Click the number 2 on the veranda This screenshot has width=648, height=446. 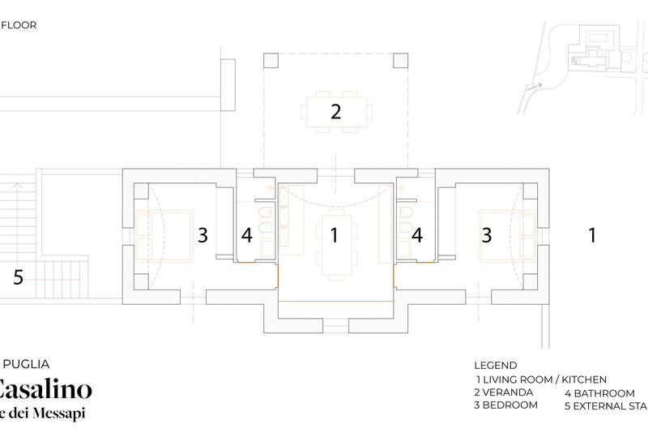(335, 112)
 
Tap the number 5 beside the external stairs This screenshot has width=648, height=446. (18, 277)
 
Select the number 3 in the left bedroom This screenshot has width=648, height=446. (202, 235)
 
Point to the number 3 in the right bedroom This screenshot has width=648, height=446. (487, 235)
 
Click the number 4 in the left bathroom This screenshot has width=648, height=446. (248, 235)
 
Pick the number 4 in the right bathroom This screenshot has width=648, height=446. (417, 235)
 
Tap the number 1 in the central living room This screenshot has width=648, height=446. (333, 235)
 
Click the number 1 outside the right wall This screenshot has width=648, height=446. (592, 235)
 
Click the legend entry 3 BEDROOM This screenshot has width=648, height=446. (505, 405)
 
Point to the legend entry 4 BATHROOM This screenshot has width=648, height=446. (599, 392)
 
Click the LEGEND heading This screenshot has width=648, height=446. (495, 365)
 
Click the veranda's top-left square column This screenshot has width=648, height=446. (271, 61)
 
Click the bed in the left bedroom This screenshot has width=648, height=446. (164, 234)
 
